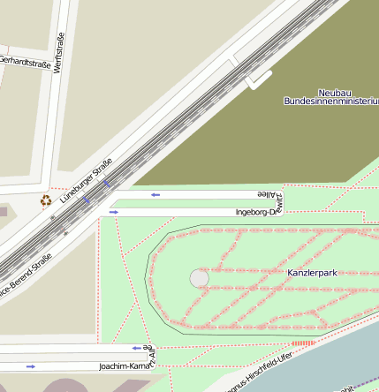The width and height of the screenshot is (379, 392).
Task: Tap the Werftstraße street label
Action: pos(59,53)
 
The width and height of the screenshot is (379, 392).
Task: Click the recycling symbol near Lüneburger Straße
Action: pos(46,200)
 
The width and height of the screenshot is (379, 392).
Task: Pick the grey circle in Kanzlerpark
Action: pos(200,279)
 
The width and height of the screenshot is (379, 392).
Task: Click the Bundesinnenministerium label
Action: pos(331,102)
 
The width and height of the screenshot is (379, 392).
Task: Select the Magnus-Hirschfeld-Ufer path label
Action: pos(259,372)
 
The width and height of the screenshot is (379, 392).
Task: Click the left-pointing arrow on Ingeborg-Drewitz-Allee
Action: pos(155,194)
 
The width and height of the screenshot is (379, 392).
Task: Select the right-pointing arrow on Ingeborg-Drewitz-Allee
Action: pos(113,212)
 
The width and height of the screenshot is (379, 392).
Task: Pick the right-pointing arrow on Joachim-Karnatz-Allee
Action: pos(31,366)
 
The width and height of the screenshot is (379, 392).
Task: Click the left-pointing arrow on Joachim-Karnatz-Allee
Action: pos(136,348)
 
